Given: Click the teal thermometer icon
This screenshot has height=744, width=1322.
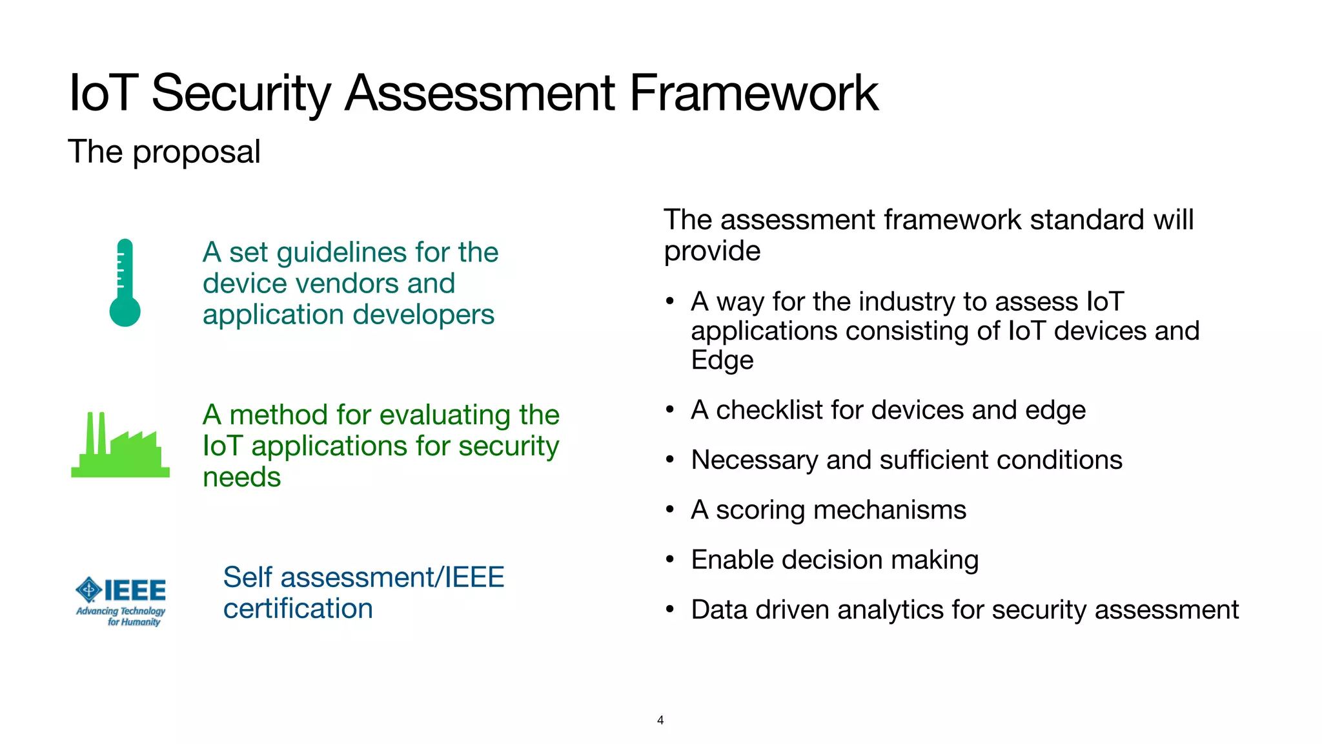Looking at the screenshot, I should tap(125, 283).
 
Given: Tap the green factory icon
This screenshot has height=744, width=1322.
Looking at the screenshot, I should tap(120, 446).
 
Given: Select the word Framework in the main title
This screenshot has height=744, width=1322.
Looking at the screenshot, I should tap(753, 93).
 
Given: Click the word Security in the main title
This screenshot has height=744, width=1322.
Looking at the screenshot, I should tap(241, 94).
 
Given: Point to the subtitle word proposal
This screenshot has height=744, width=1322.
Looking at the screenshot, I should tap(196, 153).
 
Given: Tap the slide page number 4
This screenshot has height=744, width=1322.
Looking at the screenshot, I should tap(660, 720).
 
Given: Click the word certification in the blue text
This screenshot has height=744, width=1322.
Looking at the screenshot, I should tap(298, 609).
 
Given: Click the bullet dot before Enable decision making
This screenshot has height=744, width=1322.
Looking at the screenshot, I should tap(670, 559).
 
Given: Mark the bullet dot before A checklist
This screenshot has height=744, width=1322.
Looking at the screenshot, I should tap(670, 409).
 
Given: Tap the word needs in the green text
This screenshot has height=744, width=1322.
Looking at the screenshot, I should tap(241, 478).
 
